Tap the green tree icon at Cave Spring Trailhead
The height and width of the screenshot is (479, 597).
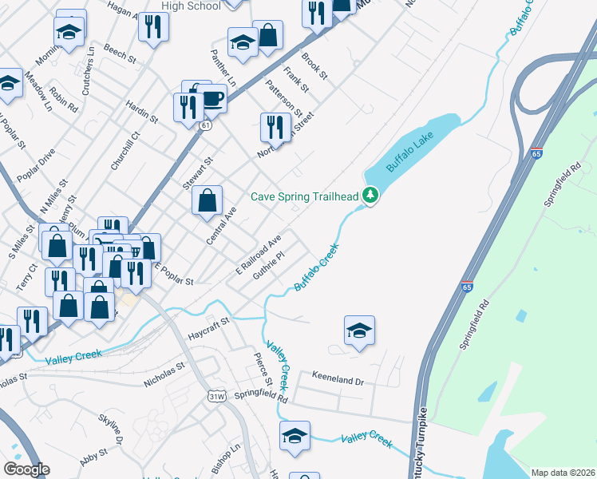pyautogui.click(x=370, y=195)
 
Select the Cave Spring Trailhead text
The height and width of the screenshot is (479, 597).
pyautogui.click(x=304, y=196)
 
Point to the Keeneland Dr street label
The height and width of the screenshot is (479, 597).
pyautogui.click(x=338, y=382)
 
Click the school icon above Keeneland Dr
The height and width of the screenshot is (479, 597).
pyautogui.click(x=359, y=331)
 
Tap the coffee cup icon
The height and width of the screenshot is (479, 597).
pyautogui.click(x=212, y=98)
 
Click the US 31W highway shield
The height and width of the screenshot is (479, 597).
pyautogui.click(x=216, y=396)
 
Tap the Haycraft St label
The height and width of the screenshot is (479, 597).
pyautogui.click(x=208, y=327)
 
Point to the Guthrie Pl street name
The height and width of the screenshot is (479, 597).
pyautogui.click(x=269, y=266)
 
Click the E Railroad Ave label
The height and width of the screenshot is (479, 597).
pyautogui.click(x=259, y=255)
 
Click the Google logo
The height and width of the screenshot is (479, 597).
pyautogui.click(x=26, y=469)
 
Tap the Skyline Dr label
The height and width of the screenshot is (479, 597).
pyautogui.click(x=111, y=430)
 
